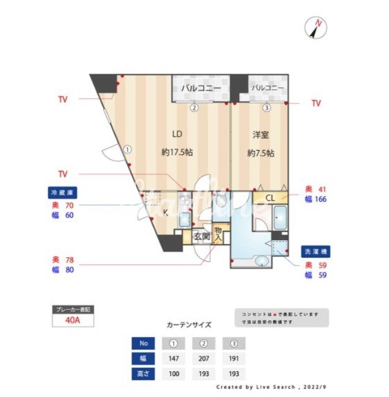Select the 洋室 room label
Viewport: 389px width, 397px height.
260,133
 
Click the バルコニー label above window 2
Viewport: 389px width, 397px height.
201,89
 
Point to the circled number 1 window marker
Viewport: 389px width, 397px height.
128,149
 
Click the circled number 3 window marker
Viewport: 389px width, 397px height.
266,108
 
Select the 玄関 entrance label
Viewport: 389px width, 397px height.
201,236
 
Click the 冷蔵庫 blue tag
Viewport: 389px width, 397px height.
61,192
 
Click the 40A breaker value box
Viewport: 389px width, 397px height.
72,321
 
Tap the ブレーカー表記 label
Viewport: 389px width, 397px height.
72,308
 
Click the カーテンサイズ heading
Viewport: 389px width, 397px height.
190,325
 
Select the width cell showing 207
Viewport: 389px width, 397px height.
204,359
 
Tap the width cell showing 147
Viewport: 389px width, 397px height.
173,359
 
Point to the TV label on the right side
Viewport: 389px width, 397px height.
316,103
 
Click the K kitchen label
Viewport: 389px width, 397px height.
165,212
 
